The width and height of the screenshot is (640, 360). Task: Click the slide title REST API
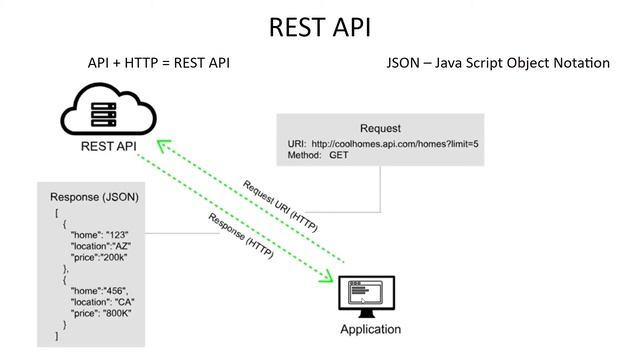coord(319,27)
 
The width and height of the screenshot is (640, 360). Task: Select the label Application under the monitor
coord(370,329)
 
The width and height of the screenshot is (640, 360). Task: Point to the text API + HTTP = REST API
coord(160,63)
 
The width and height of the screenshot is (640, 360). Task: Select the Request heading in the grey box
coord(380,129)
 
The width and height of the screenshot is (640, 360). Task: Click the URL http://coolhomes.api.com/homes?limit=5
coord(395,144)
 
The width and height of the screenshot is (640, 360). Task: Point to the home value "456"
coord(117,291)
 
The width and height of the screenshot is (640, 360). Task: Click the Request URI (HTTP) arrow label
coord(280,207)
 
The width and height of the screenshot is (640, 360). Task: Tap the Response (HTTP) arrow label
coord(244,235)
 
